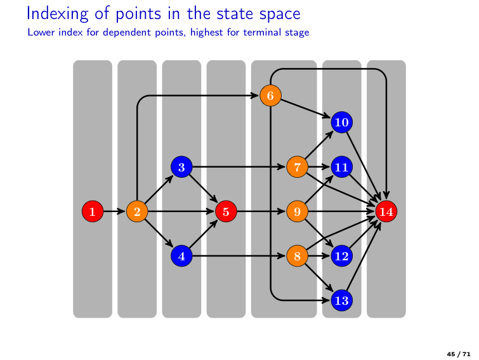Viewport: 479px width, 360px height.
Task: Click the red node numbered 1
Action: pyautogui.click(x=93, y=211)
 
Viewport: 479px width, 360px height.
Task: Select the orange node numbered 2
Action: pyautogui.click(x=137, y=211)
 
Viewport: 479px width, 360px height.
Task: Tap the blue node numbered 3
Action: pyautogui.click(x=181, y=167)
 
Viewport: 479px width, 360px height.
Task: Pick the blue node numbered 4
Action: pyautogui.click(x=181, y=256)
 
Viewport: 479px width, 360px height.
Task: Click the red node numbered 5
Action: pyautogui.click(x=226, y=211)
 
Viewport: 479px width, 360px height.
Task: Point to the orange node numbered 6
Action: pyautogui.click(x=270, y=96)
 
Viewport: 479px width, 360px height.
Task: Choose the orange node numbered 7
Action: pyautogui.click(x=297, y=167)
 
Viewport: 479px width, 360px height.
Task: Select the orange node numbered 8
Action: pyautogui.click(x=297, y=256)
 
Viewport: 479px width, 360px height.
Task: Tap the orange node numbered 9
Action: pyautogui.click(x=297, y=211)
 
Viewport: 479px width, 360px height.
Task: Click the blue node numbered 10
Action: pyautogui.click(x=341, y=123)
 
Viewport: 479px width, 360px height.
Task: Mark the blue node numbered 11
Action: pyautogui.click(x=341, y=167)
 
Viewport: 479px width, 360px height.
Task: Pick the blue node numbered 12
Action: pyautogui.click(x=341, y=256)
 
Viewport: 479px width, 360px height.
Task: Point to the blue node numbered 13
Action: pyautogui.click(x=341, y=300)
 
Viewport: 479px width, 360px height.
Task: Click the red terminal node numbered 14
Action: pyautogui.click(x=386, y=211)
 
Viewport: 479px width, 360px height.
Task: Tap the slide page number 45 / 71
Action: pyautogui.click(x=459, y=352)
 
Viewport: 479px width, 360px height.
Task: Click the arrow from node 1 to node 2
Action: pyautogui.click(x=115, y=211)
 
